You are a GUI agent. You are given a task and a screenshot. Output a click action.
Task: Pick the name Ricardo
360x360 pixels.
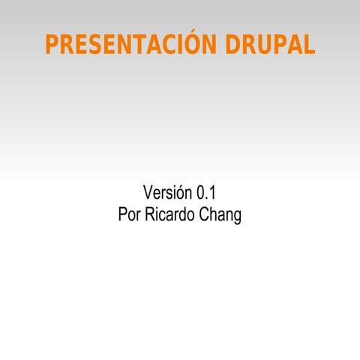pyautogui.click(x=169, y=214)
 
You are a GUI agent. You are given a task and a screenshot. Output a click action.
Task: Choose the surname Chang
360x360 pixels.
pyautogui.click(x=220, y=215)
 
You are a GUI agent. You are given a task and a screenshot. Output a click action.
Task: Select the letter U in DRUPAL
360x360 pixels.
pyautogui.click(x=259, y=44)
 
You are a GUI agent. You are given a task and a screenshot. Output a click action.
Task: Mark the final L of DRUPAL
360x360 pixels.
pyautogui.click(x=308, y=44)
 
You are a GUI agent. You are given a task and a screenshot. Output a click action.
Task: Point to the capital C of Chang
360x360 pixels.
pyautogui.click(x=205, y=214)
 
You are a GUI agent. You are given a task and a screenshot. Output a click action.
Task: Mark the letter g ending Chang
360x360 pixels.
pyautogui.click(x=237, y=217)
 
